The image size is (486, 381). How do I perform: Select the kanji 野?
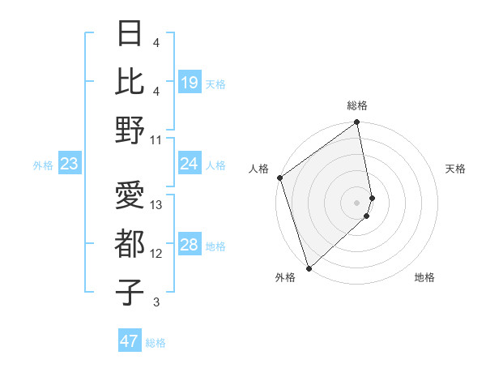(x=130, y=130)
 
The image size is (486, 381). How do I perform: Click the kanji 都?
(x=130, y=243)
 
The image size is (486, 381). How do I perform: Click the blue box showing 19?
(x=189, y=82)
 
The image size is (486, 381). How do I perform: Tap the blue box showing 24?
(x=189, y=164)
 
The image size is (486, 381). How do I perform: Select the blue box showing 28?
(x=189, y=245)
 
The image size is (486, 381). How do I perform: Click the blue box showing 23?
(x=69, y=164)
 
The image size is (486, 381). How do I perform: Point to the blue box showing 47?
(x=130, y=341)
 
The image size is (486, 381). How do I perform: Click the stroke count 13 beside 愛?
(x=156, y=205)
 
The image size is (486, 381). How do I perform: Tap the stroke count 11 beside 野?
(x=156, y=139)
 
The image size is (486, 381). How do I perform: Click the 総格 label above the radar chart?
(x=357, y=105)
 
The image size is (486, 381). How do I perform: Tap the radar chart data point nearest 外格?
(x=309, y=268)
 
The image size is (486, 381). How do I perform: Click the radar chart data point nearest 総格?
(x=357, y=123)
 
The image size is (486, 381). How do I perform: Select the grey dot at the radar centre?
(x=357, y=202)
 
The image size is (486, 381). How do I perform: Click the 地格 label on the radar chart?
(x=424, y=278)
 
